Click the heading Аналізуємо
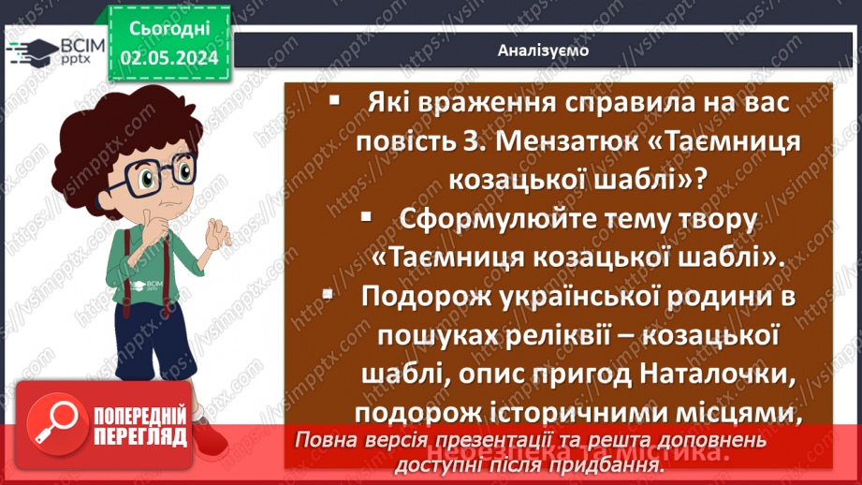[x=543, y=51]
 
